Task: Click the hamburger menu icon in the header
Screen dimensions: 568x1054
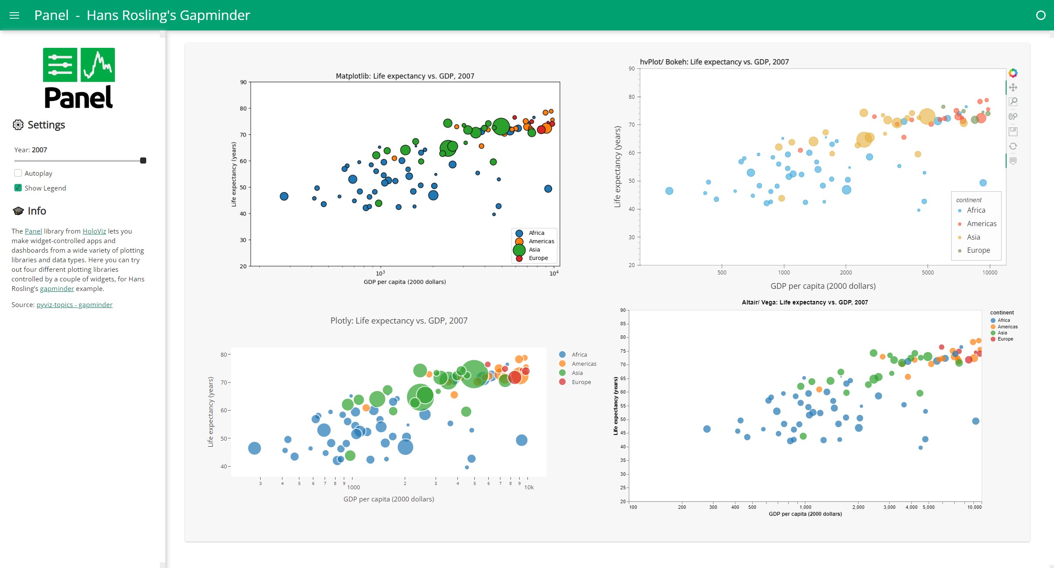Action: [14, 15]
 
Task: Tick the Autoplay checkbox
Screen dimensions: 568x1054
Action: [18, 173]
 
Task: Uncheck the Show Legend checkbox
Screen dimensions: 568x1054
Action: [18, 188]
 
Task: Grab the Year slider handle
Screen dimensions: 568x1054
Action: [143, 160]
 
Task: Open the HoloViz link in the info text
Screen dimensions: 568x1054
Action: [94, 231]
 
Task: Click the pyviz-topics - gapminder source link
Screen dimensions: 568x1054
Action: [74, 305]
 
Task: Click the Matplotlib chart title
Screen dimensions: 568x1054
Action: [405, 76]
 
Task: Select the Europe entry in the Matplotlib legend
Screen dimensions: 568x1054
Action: [538, 258]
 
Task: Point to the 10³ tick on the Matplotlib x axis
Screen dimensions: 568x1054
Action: [380, 273]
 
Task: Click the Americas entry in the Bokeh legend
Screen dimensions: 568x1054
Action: [981, 224]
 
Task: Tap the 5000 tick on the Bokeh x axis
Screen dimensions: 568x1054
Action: [927, 273]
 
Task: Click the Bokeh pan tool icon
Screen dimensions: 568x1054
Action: [1013, 87]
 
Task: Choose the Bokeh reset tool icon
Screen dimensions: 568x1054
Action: [1013, 146]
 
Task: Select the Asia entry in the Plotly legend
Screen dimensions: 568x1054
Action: [577, 373]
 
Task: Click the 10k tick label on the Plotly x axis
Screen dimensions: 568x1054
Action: [529, 488]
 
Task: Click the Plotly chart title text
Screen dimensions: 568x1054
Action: [399, 321]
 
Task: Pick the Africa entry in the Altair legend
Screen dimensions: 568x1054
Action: [1004, 320]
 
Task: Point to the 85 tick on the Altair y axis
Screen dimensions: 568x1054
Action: [623, 324]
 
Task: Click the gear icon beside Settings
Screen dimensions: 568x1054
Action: [18, 125]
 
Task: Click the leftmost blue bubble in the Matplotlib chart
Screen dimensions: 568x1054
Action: [284, 197]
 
